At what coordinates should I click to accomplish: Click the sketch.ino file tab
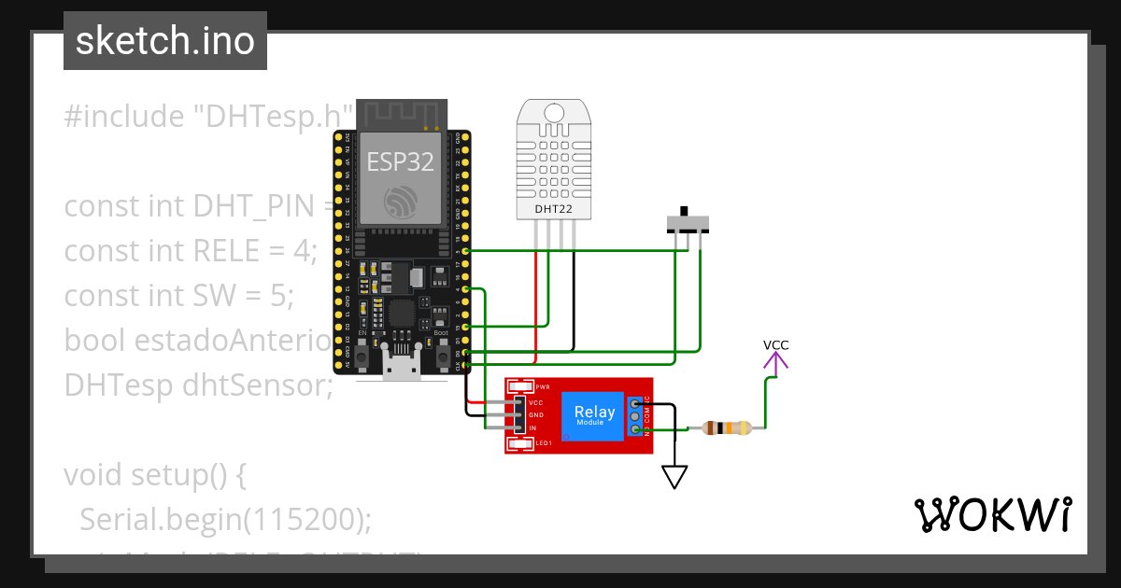click(165, 41)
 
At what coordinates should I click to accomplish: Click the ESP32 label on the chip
click(400, 162)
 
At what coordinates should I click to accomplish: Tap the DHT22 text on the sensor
click(553, 209)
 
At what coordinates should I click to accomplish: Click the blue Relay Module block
click(594, 415)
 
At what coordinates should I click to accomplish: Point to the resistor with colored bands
click(727, 428)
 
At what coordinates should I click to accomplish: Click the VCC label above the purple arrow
click(775, 345)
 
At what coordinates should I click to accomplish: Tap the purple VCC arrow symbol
click(775, 365)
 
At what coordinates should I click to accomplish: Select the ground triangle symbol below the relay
click(674, 477)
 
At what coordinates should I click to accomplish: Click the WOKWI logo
click(992, 514)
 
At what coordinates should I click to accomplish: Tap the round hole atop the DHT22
click(554, 113)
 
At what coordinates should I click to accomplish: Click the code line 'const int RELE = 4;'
click(191, 250)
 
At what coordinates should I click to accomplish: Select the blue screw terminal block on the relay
click(636, 415)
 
